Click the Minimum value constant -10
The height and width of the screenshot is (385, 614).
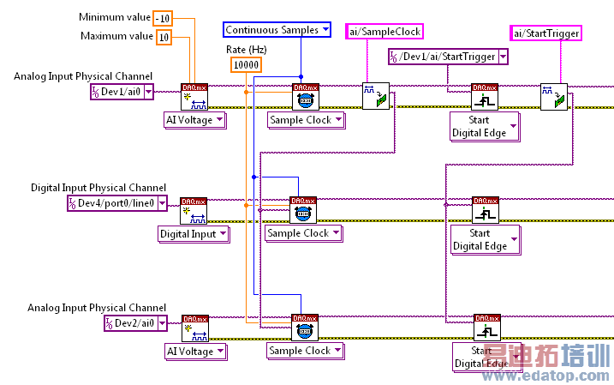[164, 18]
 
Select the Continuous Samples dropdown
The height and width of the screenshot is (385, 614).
[277, 30]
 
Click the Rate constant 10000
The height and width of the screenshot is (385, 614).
[246, 65]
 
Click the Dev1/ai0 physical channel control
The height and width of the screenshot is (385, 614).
[122, 92]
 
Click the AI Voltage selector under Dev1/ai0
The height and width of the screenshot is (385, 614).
[195, 120]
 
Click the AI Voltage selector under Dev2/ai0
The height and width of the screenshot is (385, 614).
[195, 351]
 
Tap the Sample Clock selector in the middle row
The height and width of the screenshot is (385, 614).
[303, 233]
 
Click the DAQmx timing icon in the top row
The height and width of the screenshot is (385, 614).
[306, 96]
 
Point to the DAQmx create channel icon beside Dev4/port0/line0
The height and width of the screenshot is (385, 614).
[194, 210]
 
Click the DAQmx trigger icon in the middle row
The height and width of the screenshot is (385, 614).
[486, 210]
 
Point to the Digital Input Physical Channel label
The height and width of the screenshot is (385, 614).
[98, 188]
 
